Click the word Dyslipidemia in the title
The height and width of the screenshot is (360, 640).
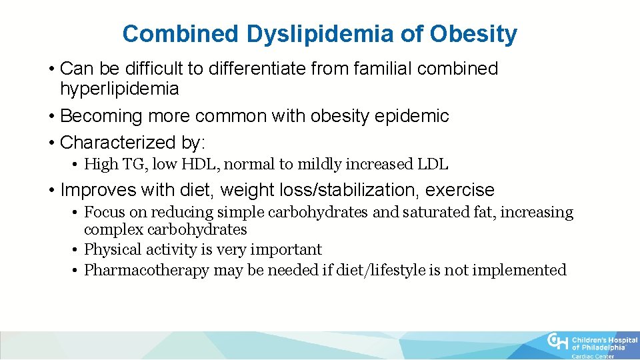click(320, 34)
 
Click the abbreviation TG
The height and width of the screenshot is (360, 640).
click(129, 164)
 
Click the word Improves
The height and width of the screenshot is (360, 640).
click(98, 190)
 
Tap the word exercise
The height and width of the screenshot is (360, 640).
click(460, 190)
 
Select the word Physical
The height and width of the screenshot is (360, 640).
click(111, 250)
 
